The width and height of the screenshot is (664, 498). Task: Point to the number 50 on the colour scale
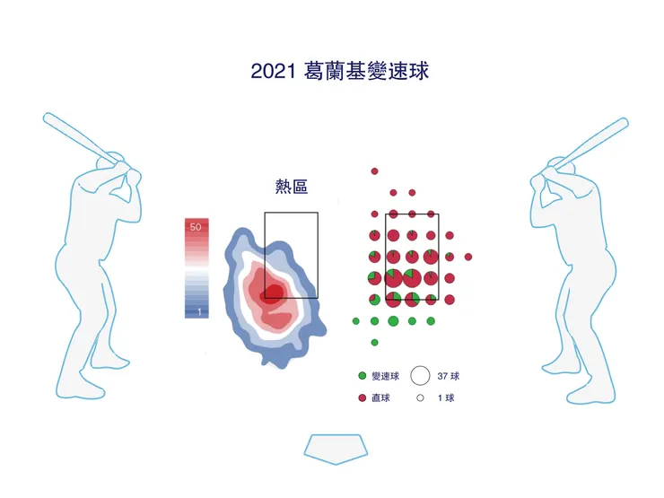pyautogui.click(x=196, y=228)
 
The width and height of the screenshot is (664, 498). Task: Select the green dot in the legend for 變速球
pyautogui.click(x=362, y=376)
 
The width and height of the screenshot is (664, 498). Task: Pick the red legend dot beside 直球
pyautogui.click(x=362, y=398)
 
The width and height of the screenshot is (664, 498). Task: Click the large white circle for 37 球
pyautogui.click(x=420, y=376)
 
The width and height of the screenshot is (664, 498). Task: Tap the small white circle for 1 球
pyautogui.click(x=420, y=398)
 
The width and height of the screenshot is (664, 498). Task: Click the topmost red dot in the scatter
pyautogui.click(x=374, y=170)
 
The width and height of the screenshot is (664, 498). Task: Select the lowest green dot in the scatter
pyautogui.click(x=374, y=342)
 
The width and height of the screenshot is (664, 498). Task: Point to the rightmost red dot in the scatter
pyautogui.click(x=468, y=257)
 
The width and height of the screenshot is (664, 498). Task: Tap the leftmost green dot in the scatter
pyautogui.click(x=355, y=320)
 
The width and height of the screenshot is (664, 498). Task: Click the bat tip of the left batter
pyautogui.click(x=48, y=118)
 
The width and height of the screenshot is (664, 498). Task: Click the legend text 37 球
pyautogui.click(x=449, y=376)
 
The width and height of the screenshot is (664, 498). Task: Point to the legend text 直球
pyautogui.click(x=380, y=398)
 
